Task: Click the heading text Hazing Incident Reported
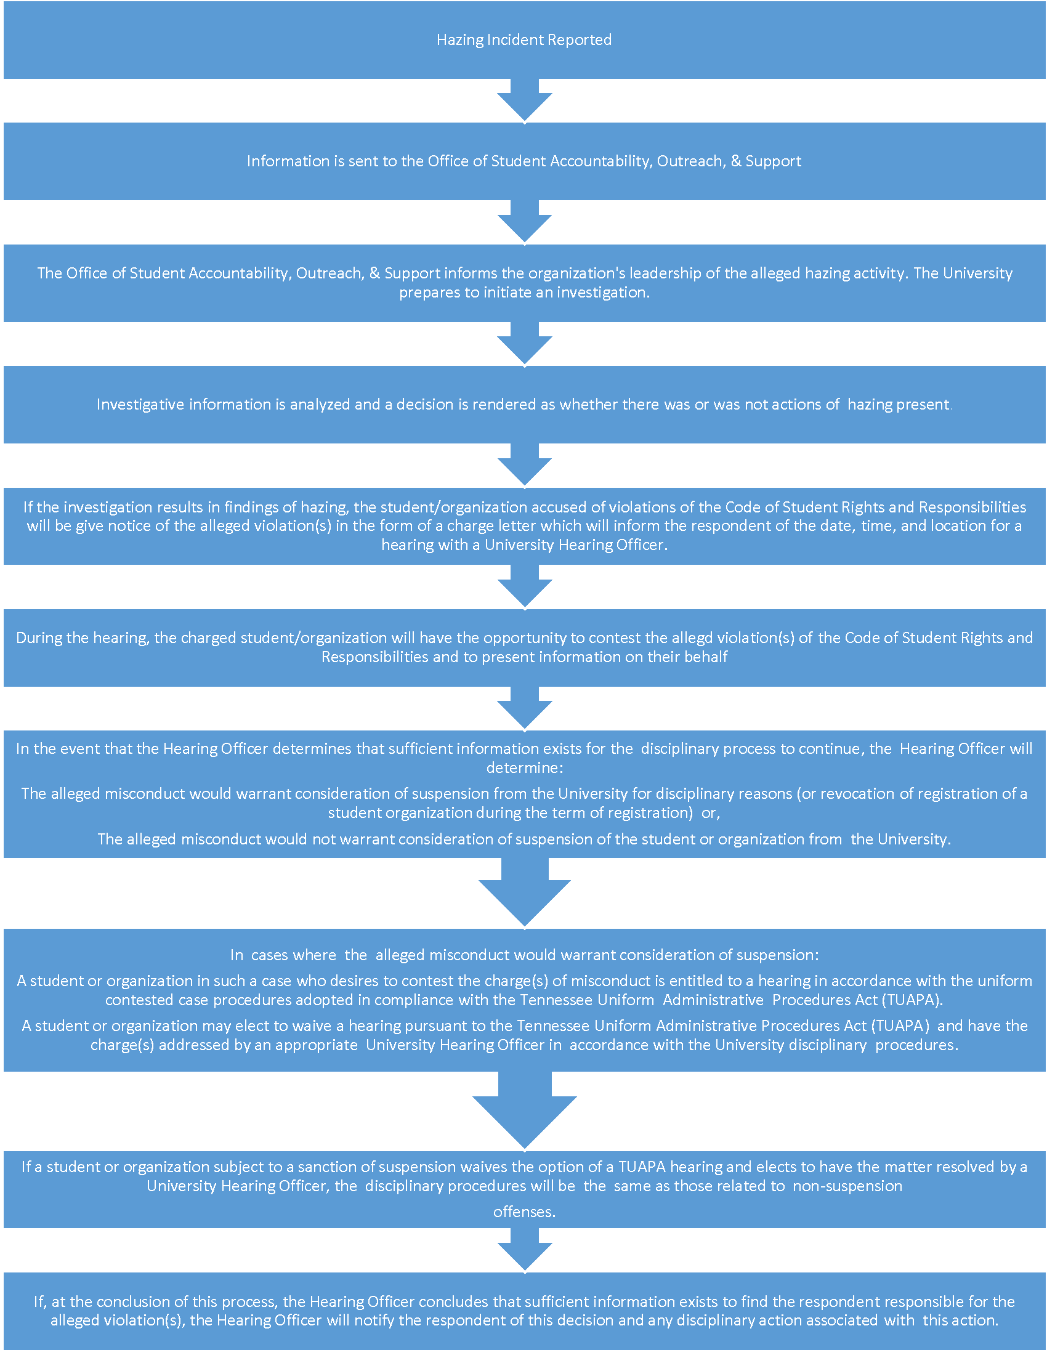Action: coord(524,39)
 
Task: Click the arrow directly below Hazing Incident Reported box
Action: coord(525,100)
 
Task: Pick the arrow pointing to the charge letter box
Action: coord(525,465)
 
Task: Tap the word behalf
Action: coord(706,657)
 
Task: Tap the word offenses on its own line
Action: coord(524,1211)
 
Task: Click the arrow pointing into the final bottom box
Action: coord(525,1251)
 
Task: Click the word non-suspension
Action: coord(847,1186)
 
